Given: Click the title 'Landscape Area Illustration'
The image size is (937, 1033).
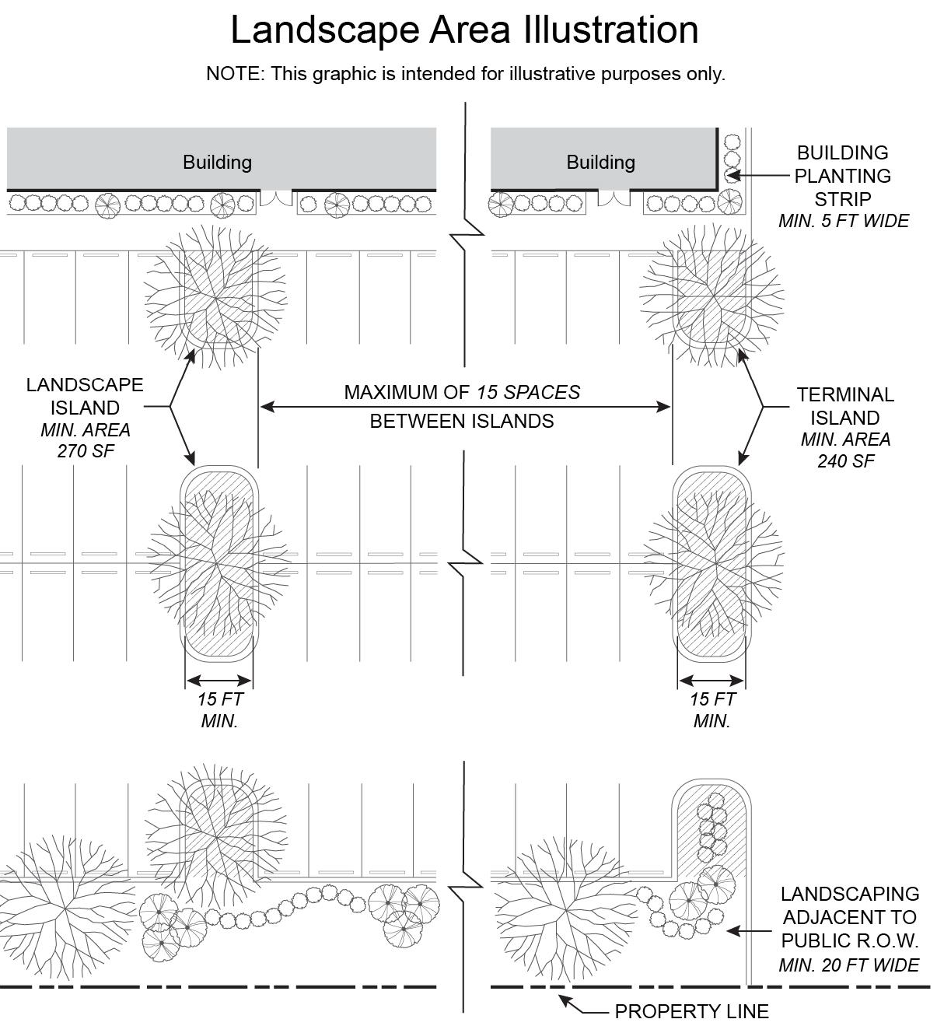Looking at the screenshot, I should click(464, 30).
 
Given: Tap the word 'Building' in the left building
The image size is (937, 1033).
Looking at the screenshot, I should click(217, 162).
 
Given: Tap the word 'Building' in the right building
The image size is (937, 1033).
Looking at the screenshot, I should click(600, 162).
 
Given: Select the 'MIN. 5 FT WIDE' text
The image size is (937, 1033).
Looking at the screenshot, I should click(844, 221).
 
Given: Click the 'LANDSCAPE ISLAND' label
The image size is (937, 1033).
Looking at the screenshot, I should click(85, 396).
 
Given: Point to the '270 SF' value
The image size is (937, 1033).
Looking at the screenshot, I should click(86, 451).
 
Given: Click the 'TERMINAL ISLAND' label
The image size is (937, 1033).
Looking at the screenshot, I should click(845, 406).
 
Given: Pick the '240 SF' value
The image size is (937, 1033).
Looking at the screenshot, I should click(845, 461).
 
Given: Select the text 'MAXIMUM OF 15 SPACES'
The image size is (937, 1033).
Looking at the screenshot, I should click(462, 392).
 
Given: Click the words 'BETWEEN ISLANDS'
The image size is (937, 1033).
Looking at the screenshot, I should click(462, 421).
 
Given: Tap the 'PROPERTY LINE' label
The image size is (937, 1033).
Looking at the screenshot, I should click(691, 1011).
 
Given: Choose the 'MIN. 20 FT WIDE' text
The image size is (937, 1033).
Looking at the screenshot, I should click(849, 965).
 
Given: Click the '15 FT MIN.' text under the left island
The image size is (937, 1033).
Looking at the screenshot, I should click(219, 709).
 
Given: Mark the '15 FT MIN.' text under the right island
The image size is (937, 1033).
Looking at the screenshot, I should click(711, 709).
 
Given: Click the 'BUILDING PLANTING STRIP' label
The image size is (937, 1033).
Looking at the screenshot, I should click(843, 175).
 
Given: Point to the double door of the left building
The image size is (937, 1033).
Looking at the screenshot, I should click(275, 198).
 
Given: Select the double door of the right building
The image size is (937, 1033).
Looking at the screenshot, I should click(614, 198).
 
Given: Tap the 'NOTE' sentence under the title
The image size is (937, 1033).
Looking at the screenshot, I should click(465, 74).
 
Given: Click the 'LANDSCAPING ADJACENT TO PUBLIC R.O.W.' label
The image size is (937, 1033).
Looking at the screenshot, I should click(849, 917).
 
